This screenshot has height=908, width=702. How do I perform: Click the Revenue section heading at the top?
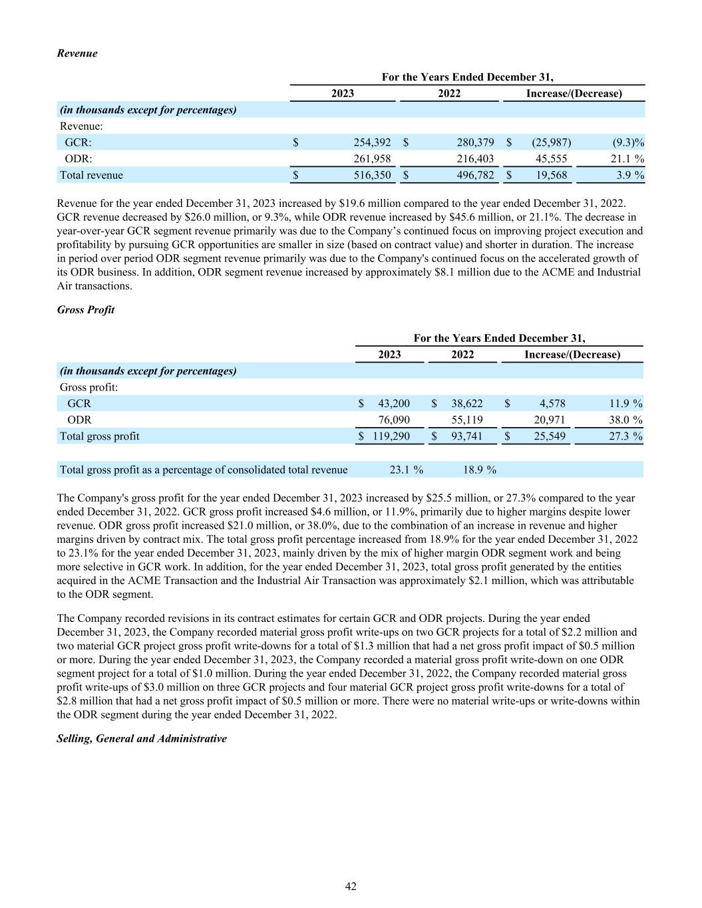click(x=77, y=53)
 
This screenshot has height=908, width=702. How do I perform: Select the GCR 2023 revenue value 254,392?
click(x=372, y=142)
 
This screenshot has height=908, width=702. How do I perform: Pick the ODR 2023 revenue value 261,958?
click(x=372, y=159)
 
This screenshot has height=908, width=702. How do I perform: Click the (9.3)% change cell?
click(x=628, y=142)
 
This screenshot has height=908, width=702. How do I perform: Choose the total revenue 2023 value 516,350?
click(x=372, y=176)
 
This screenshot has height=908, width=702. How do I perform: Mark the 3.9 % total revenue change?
click(x=629, y=176)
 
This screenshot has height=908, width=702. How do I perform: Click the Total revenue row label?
click(x=91, y=176)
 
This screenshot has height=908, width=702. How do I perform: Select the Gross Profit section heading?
click(x=86, y=310)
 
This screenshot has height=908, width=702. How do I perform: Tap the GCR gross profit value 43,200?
click(x=394, y=404)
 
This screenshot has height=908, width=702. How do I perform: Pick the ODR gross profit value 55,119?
click(x=467, y=420)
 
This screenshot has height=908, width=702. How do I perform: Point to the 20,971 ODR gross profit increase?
click(x=550, y=420)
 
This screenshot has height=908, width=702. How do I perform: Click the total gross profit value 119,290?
click(x=391, y=437)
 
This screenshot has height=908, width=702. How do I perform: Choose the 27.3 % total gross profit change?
click(x=626, y=437)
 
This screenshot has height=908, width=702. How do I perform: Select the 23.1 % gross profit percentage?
click(x=406, y=470)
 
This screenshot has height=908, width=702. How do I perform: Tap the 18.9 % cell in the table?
click(x=479, y=470)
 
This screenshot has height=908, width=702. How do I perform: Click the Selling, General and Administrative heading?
click(x=142, y=739)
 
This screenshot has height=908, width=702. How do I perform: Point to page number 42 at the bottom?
click(x=351, y=887)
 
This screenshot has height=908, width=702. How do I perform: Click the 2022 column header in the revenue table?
click(x=449, y=94)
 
